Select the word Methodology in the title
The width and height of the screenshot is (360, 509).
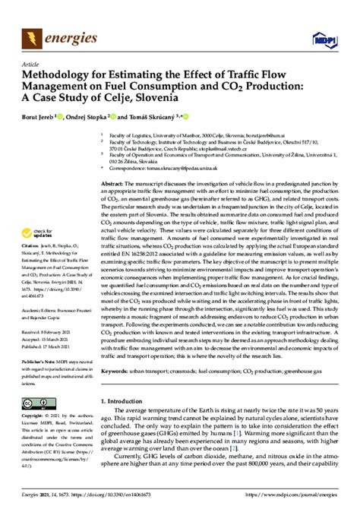click(62, 76)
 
